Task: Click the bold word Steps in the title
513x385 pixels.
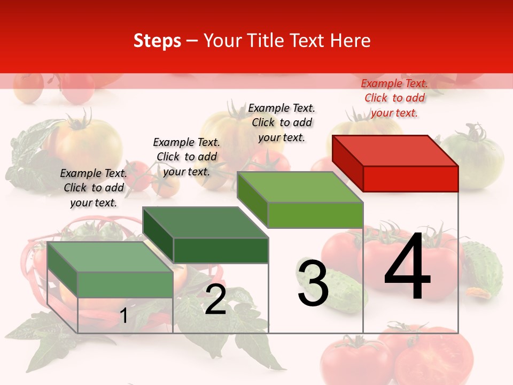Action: coord(157,41)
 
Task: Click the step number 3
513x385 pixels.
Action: coord(313,283)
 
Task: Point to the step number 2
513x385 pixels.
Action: coord(215,300)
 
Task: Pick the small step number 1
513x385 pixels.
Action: coord(123,315)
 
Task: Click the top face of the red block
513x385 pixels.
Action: coord(395,150)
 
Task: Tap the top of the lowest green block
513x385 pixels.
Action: coord(110,257)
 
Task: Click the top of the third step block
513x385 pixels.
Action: coord(300,187)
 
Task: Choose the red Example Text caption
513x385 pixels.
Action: coord(394,98)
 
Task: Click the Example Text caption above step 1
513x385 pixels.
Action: coord(94,188)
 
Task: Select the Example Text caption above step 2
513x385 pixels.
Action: coord(186,157)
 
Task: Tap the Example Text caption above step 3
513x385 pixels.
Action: coord(282,122)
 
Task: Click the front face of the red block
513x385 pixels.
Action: coord(410,179)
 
